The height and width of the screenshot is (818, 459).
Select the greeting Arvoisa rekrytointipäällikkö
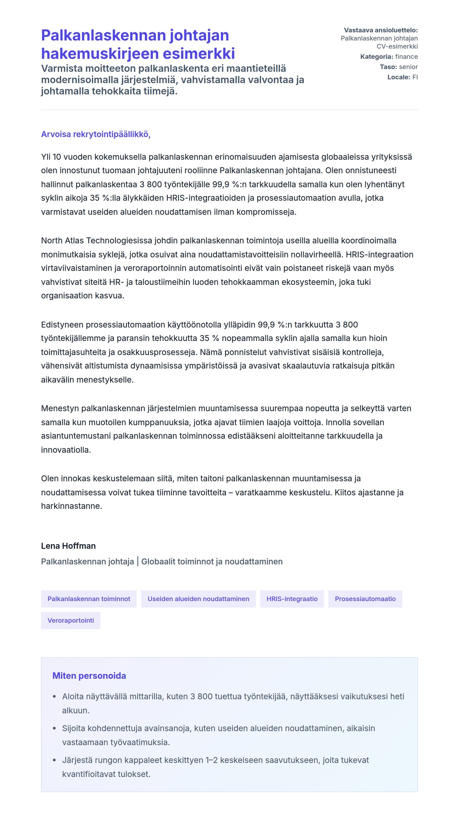(96, 134)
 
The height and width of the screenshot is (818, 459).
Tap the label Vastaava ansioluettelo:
(380, 30)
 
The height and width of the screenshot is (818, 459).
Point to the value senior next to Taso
(408, 67)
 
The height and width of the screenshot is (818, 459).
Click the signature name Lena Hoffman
(68, 546)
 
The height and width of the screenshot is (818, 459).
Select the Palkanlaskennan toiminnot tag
(89, 599)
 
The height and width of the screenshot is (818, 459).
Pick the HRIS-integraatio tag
(292, 599)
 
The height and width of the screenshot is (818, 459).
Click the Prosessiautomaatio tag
(365, 599)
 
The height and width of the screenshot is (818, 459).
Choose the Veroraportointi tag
(70, 621)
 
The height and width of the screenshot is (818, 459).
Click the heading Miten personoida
(89, 676)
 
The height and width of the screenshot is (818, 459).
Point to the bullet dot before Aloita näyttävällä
(54, 697)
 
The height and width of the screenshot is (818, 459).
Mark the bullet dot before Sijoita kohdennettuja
(54, 728)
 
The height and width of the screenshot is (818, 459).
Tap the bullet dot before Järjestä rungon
(54, 760)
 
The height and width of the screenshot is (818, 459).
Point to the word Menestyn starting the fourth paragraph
(60, 408)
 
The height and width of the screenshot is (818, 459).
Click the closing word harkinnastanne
(71, 506)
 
